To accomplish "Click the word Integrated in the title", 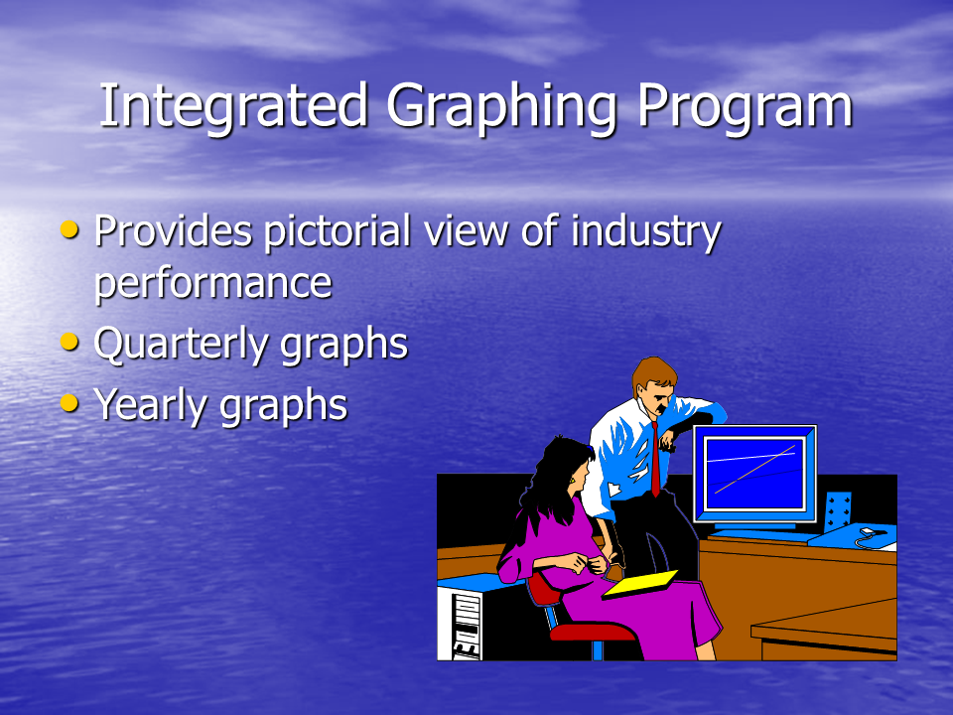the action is tap(234, 105).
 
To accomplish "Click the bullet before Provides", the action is tap(69, 229).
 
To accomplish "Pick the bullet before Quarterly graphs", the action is tap(69, 342).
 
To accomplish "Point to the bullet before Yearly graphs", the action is tap(69, 402).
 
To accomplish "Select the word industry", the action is tap(646, 232).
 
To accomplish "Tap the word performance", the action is tap(213, 284).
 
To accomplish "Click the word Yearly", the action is tap(151, 406).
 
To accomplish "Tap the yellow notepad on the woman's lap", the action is tap(640, 584).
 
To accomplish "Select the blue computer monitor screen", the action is tap(754, 474).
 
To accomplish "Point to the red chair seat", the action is tap(592, 632).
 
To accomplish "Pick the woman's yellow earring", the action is tap(573, 483).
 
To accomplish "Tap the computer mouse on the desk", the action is tap(867, 532).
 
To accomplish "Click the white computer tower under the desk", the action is tap(460, 625).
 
